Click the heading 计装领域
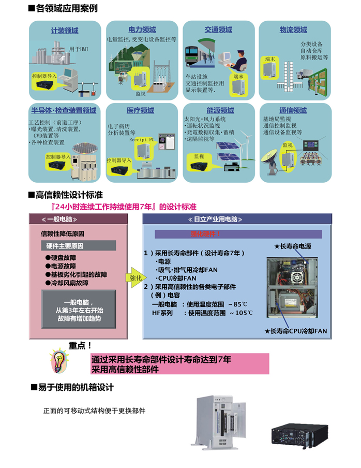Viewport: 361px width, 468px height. coord(65,31)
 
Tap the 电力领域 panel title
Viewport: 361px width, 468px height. coord(142,30)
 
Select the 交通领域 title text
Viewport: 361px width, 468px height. coord(218,30)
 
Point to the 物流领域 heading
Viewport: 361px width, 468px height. coord(293,30)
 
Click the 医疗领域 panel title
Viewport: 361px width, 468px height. coord(140,110)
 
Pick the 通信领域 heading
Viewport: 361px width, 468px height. coord(293,110)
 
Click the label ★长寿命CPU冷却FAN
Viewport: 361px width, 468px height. coord(295,330)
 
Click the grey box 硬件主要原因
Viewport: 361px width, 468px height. coord(78,245)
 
